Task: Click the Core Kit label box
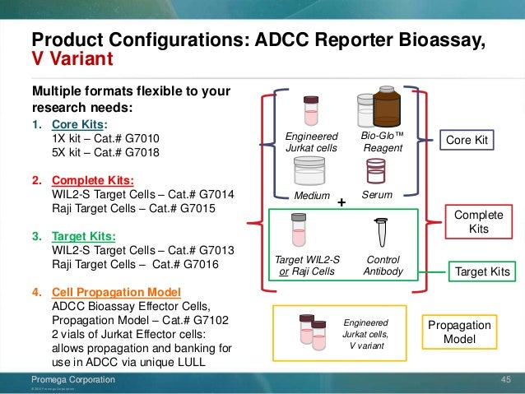tap(467, 141)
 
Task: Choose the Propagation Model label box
tap(458, 333)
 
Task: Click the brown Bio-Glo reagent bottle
tap(386, 106)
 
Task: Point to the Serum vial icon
tap(376, 170)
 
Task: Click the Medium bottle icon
tap(305, 173)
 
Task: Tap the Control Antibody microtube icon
tap(380, 233)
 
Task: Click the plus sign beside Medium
tap(342, 201)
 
